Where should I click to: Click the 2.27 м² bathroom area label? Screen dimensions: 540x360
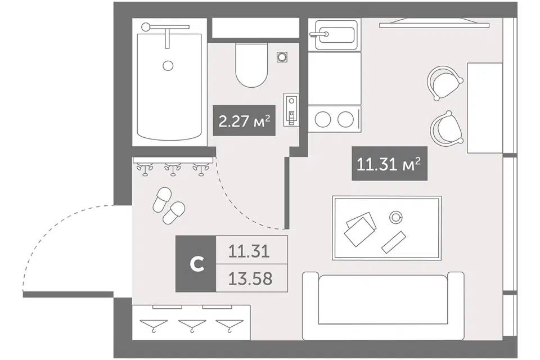tap(244, 120)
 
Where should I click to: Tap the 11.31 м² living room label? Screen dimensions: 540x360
tap(389, 164)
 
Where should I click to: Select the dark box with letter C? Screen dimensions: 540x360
tap(196, 264)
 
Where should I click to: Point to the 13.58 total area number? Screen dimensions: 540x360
tap(250, 278)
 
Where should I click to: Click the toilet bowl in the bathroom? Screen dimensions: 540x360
tap(252, 65)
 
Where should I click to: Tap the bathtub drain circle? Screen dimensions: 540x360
tap(168, 65)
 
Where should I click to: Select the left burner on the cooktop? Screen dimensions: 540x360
tap(323, 120)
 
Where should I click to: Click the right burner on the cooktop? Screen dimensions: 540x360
tap(345, 120)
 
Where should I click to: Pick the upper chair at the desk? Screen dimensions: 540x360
tap(444, 83)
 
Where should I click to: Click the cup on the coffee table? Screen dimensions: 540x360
tap(395, 217)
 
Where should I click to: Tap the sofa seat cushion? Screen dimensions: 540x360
tap(382, 300)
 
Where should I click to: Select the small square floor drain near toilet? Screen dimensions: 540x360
tap(282, 57)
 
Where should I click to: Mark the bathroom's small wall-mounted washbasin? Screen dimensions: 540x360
tap(291, 109)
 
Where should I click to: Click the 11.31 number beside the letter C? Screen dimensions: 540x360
tap(249, 251)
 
